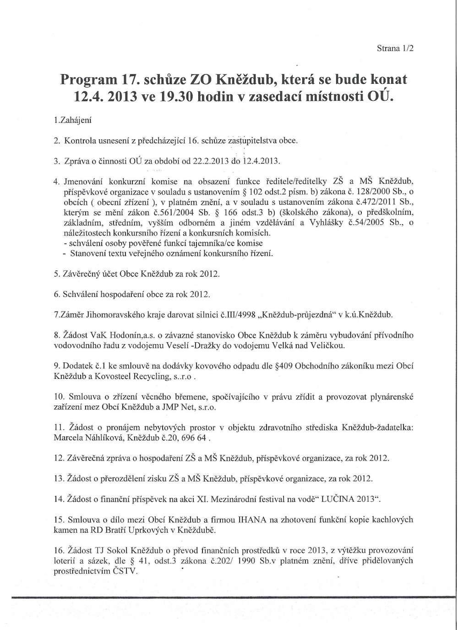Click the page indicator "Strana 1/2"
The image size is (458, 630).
click(395, 48)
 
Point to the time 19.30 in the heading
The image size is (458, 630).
click(171, 98)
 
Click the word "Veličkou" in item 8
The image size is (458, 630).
click(331, 345)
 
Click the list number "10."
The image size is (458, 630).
click(60, 397)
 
